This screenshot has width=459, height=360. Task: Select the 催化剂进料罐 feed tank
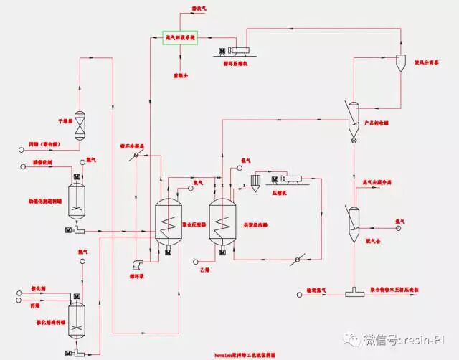pyautogui.click(x=77, y=316)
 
